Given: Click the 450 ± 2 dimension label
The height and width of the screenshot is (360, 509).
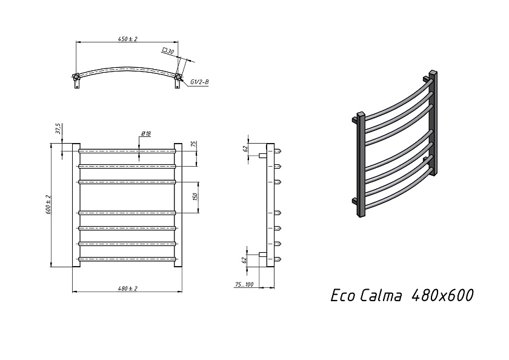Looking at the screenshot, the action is pos(128,39).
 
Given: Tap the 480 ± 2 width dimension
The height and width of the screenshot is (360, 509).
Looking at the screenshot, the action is pos(128,288).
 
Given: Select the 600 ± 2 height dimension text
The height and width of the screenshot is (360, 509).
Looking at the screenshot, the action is pos(48,204).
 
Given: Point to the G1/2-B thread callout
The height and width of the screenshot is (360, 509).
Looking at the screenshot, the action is pos(199,82).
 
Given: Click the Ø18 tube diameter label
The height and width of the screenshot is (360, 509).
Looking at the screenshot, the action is pos(146,133).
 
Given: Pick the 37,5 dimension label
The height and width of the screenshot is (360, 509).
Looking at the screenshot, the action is pos(58,128).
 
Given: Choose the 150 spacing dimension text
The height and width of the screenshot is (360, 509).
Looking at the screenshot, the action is pos(195,197).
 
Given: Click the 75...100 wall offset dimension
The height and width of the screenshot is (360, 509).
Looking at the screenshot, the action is pos(244,285).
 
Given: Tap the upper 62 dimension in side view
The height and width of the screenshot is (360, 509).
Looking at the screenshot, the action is pos(245,148).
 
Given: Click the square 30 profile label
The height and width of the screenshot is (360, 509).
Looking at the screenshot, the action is pos(168,51).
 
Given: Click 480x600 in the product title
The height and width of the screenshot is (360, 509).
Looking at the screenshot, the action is pos(442,296).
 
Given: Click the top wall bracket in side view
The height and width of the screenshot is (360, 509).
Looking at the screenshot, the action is pos(263,156).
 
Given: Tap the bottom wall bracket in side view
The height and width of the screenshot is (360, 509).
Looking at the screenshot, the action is pos(263,255).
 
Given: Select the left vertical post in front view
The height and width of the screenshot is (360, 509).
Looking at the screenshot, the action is pos(76,205).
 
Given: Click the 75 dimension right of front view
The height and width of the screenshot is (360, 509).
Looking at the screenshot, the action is pos(193,144).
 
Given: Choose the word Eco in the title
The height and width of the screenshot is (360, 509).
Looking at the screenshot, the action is pos(343,296).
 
